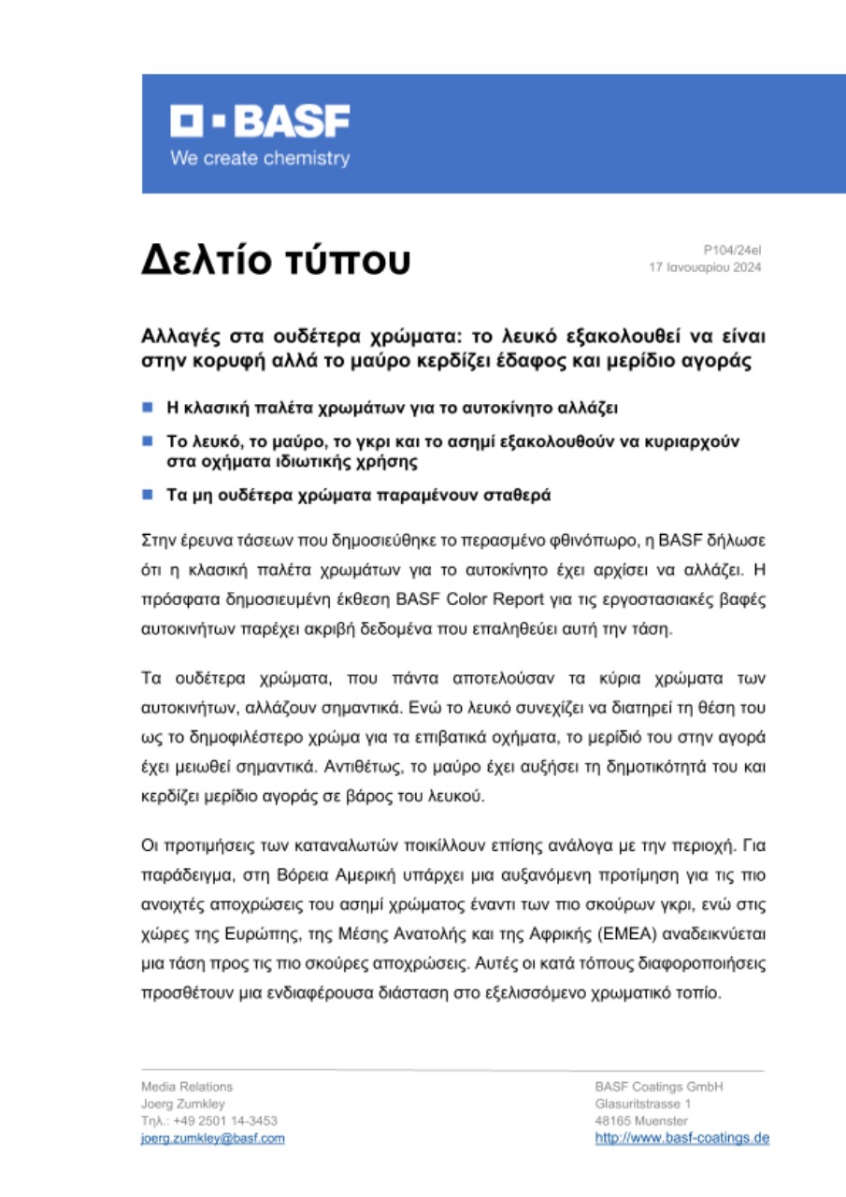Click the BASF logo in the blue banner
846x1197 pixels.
(260, 122)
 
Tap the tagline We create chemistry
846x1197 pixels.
(259, 158)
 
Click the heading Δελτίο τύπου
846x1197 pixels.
(276, 262)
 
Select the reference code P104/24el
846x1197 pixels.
(733, 251)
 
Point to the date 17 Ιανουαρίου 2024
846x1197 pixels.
(706, 267)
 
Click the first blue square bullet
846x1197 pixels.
(147, 408)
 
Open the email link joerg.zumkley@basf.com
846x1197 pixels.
(212, 1138)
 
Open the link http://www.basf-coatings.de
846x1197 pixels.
(681, 1138)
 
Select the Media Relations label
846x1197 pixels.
(187, 1087)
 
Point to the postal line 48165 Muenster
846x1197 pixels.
(641, 1120)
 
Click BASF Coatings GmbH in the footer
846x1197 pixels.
(659, 1087)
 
